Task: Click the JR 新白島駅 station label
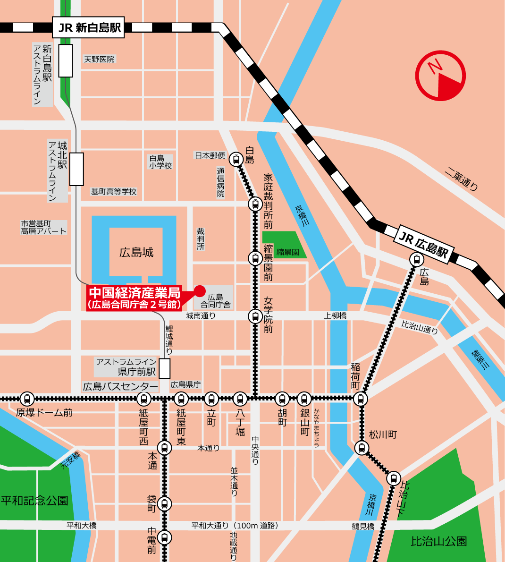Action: pyautogui.click(x=89, y=27)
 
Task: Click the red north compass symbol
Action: pyautogui.click(x=440, y=76)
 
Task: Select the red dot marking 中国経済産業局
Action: pyautogui.click(x=200, y=290)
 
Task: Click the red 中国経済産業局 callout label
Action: pyautogui.click(x=135, y=298)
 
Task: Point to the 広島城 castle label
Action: pyautogui.click(x=136, y=252)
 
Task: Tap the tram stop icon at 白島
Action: pyautogui.click(x=236, y=160)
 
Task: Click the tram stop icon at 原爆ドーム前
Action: pyautogui.click(x=27, y=399)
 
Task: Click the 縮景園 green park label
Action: pyautogui.click(x=287, y=252)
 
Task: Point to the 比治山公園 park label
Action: pyautogui.click(x=438, y=541)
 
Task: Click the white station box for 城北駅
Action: pyautogui.click(x=76, y=169)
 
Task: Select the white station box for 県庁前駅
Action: pyautogui.click(x=164, y=368)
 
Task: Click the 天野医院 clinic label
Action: pyautogui.click(x=99, y=60)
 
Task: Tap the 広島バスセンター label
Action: pyautogui.click(x=120, y=387)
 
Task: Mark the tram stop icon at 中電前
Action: pyautogui.click(x=164, y=537)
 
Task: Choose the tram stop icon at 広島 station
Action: pyautogui.click(x=416, y=259)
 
